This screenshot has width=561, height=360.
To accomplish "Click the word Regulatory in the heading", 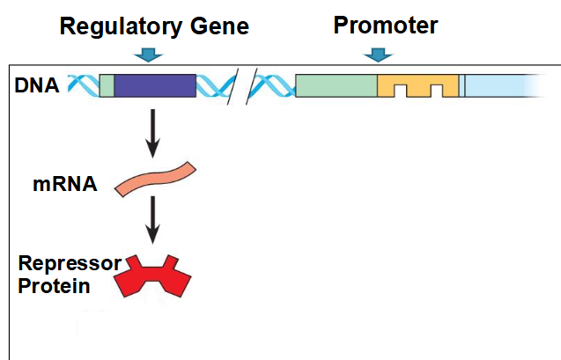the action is pyautogui.click(x=121, y=26).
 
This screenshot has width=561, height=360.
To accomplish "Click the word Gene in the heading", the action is pyautogui.click(x=219, y=26).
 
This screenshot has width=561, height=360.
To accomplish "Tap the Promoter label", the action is pyautogui.click(x=386, y=25).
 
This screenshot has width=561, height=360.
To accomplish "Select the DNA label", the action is pyautogui.click(x=36, y=85).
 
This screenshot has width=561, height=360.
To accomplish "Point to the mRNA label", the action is pyautogui.click(x=65, y=184).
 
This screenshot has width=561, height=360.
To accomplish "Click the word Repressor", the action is pyautogui.click(x=70, y=263).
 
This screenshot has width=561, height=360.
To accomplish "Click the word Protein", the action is pyautogui.click(x=54, y=286).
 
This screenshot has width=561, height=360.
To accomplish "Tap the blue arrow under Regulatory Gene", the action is pyautogui.click(x=149, y=55).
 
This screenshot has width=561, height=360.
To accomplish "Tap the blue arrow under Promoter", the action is pyautogui.click(x=378, y=55).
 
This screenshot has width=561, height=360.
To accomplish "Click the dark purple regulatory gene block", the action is pyautogui.click(x=155, y=85).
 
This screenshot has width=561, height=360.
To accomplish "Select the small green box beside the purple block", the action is pyautogui.click(x=107, y=85).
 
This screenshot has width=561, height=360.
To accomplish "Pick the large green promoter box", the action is pyautogui.click(x=336, y=85).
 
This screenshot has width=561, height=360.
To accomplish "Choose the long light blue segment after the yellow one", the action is pyautogui.click(x=505, y=85).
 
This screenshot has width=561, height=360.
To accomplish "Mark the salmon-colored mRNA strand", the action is pyautogui.click(x=155, y=179).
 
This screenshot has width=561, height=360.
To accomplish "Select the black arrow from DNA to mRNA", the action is pyautogui.click(x=152, y=133).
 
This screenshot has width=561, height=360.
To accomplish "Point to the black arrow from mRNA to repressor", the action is pyautogui.click(x=152, y=220).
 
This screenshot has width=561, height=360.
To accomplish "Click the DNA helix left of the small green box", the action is pyautogui.click(x=84, y=85).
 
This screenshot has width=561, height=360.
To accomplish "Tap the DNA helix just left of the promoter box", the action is pyautogui.click(x=272, y=85).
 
